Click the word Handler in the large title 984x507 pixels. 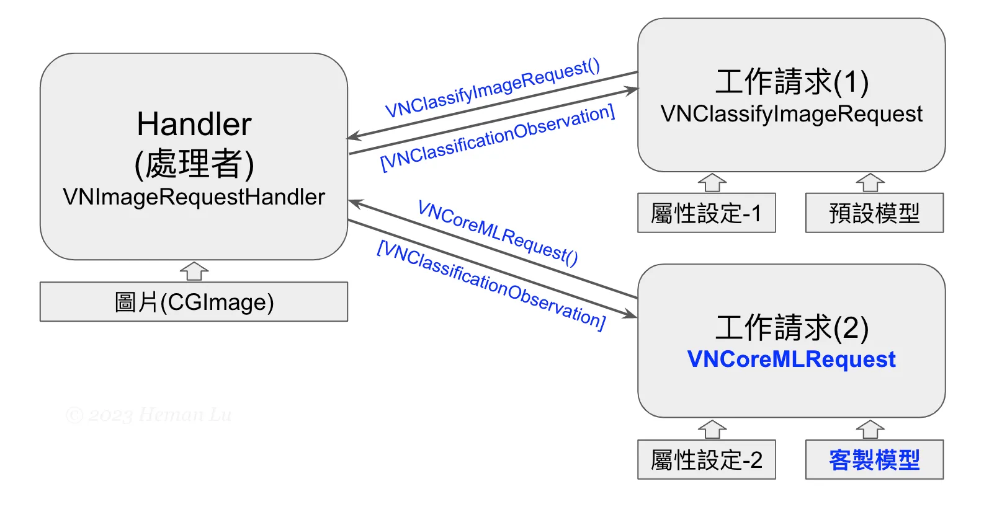[194, 124]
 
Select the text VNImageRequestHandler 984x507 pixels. [194, 197]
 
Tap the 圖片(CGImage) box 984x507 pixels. [194, 302]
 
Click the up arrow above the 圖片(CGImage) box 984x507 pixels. [194, 271]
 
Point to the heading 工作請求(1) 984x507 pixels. [792, 82]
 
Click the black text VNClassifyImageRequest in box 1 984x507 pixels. [792, 114]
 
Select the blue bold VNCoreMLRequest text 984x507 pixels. [792, 359]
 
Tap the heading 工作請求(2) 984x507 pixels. [792, 328]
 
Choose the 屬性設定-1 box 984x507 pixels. [706, 213]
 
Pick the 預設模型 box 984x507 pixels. [874, 213]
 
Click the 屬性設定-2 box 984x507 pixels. [706, 460]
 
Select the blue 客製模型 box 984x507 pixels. [874, 460]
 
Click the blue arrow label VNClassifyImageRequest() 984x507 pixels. [493, 88]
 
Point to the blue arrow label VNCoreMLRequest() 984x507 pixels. [498, 232]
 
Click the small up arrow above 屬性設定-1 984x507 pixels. [712, 183]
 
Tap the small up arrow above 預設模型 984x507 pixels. [870, 183]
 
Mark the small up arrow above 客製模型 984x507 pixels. [870, 430]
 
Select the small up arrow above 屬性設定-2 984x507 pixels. [712, 430]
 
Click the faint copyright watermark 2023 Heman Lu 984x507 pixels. [149, 415]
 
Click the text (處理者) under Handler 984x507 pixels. [194, 164]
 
